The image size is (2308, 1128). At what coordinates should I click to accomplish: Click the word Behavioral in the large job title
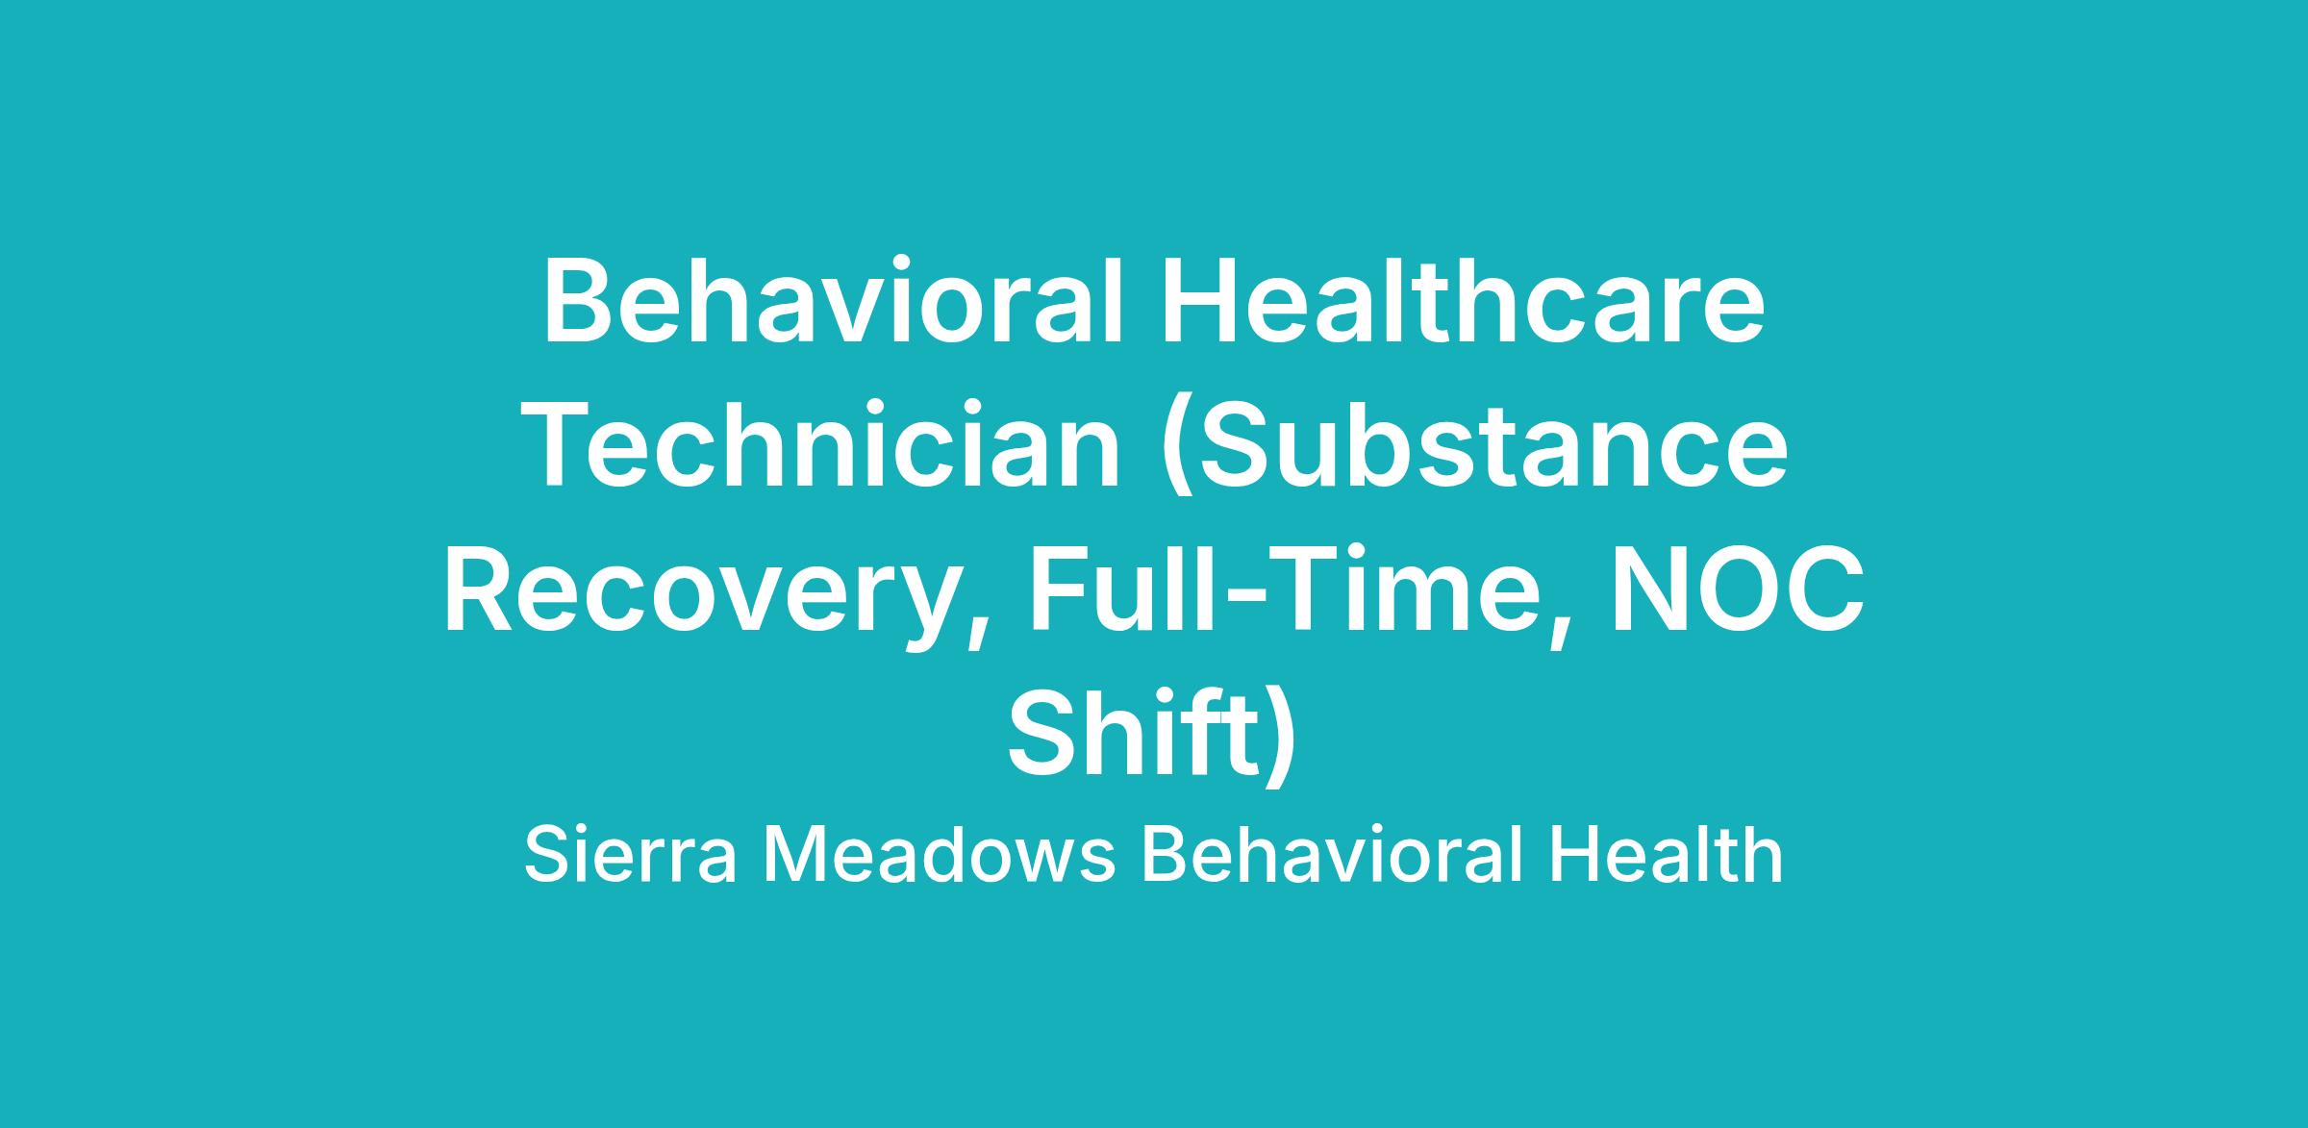833,300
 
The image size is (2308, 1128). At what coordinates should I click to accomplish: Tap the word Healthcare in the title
1463,300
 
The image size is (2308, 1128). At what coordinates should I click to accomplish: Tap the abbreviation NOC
1739,590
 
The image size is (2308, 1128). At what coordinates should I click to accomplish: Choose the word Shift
1135,733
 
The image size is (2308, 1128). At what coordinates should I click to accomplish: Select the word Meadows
940,856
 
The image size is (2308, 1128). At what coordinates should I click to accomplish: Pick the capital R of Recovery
482,590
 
